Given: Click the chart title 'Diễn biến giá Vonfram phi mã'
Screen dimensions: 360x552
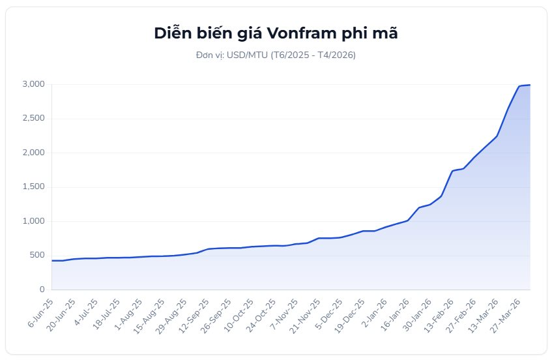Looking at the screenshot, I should (x=276, y=34).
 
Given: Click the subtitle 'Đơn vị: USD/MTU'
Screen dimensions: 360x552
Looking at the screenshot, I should (x=276, y=55).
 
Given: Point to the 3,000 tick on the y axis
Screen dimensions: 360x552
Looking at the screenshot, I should (x=33, y=84).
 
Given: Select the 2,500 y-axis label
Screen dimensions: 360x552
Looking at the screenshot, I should (x=33, y=119).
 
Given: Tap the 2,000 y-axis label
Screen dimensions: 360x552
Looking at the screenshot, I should (x=33, y=153).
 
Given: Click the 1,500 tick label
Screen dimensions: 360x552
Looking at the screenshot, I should (x=33, y=187).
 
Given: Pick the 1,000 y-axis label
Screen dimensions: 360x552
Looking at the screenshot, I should (x=33, y=221).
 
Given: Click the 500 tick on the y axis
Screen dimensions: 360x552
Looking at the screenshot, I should (x=36, y=255).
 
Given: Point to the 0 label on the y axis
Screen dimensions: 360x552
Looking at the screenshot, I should (x=42, y=290).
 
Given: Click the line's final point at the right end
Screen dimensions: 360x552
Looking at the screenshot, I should (x=530, y=85).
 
